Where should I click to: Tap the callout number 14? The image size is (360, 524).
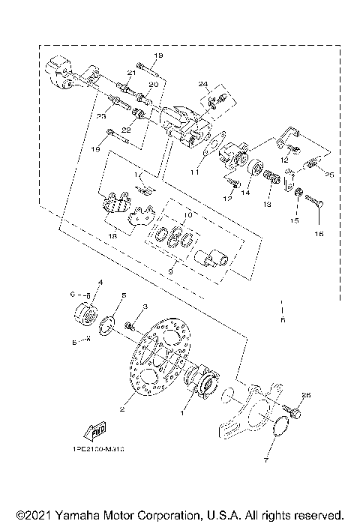(245, 192)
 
